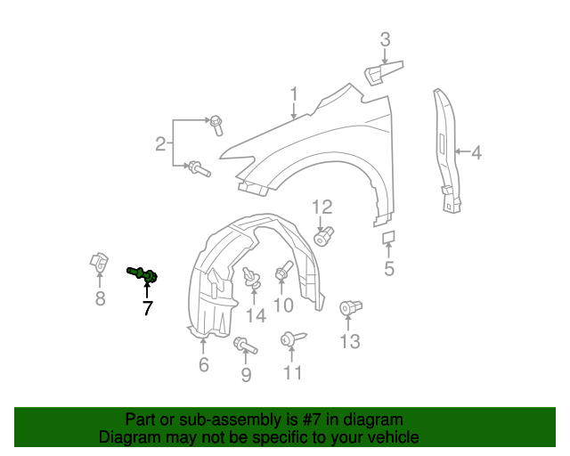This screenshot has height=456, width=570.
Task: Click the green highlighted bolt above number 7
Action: (142, 274)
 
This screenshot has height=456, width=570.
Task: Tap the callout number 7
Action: (147, 308)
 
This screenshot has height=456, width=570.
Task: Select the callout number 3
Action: (385, 40)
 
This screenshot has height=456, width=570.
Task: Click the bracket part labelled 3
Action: (384, 73)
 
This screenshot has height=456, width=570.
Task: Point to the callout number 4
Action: (476, 152)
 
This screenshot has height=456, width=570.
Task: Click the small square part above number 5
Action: (388, 237)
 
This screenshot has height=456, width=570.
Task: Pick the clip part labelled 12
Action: (323, 236)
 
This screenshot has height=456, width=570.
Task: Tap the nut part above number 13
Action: (350, 307)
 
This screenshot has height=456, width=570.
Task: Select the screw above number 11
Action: (293, 338)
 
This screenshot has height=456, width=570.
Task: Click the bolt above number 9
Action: (246, 345)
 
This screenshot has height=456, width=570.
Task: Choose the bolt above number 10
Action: (284, 271)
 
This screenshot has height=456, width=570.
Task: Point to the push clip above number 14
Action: (252, 278)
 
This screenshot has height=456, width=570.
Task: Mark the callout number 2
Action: (160, 144)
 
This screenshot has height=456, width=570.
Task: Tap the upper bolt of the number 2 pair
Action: (216, 126)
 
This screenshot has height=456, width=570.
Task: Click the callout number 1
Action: (294, 94)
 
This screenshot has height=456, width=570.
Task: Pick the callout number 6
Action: (204, 364)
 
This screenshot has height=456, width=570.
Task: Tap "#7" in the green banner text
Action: (312, 419)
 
